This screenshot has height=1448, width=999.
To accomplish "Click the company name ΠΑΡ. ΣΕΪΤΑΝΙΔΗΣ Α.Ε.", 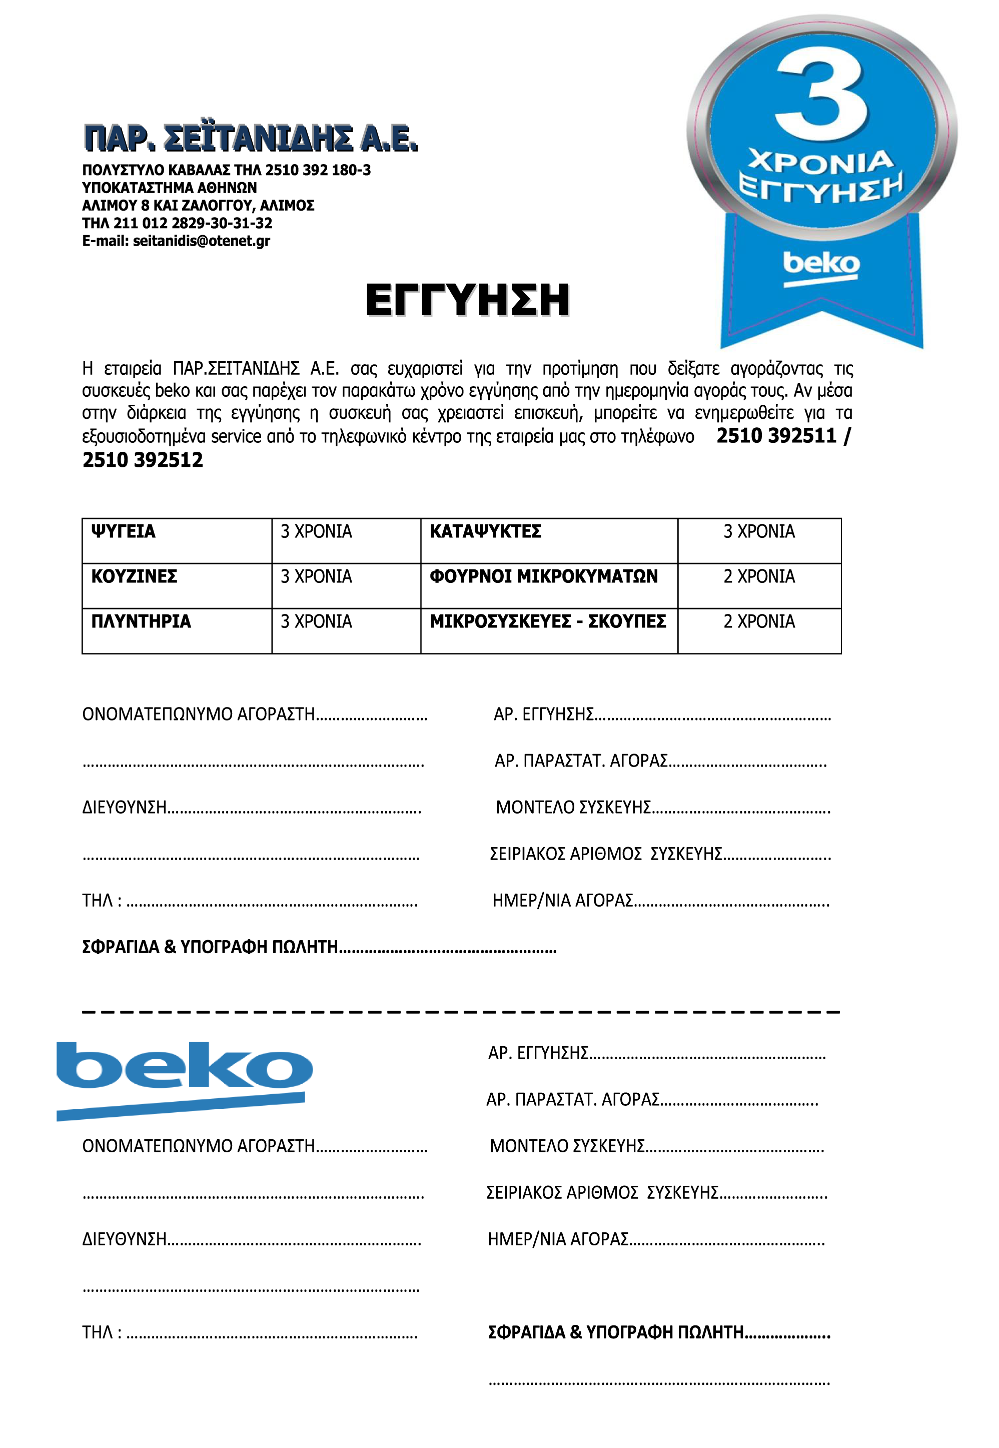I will [x=251, y=139].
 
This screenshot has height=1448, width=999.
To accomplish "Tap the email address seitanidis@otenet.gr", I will [x=201, y=241].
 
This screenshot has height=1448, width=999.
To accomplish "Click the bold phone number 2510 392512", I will [x=143, y=460].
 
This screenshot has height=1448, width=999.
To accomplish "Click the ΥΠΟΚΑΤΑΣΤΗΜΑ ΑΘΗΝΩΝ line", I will [x=169, y=188].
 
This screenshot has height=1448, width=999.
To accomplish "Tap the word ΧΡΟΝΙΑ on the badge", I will [x=820, y=163].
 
